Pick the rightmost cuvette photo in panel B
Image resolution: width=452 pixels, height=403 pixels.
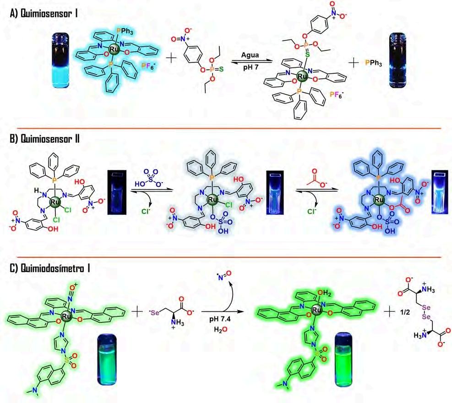tap(438, 192)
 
